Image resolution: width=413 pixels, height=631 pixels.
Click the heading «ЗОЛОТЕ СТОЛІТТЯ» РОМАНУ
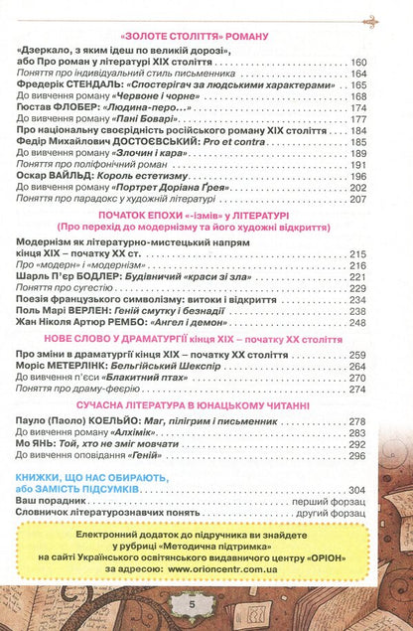click(x=206, y=35)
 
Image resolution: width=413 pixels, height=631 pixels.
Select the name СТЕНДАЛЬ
click(x=97, y=84)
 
